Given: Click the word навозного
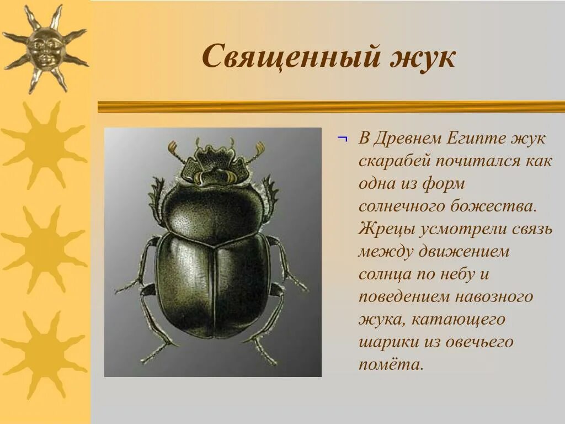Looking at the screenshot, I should coord(494,296).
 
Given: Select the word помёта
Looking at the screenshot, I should coord(391,364).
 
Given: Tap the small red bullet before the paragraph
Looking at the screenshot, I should coord(342,139).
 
